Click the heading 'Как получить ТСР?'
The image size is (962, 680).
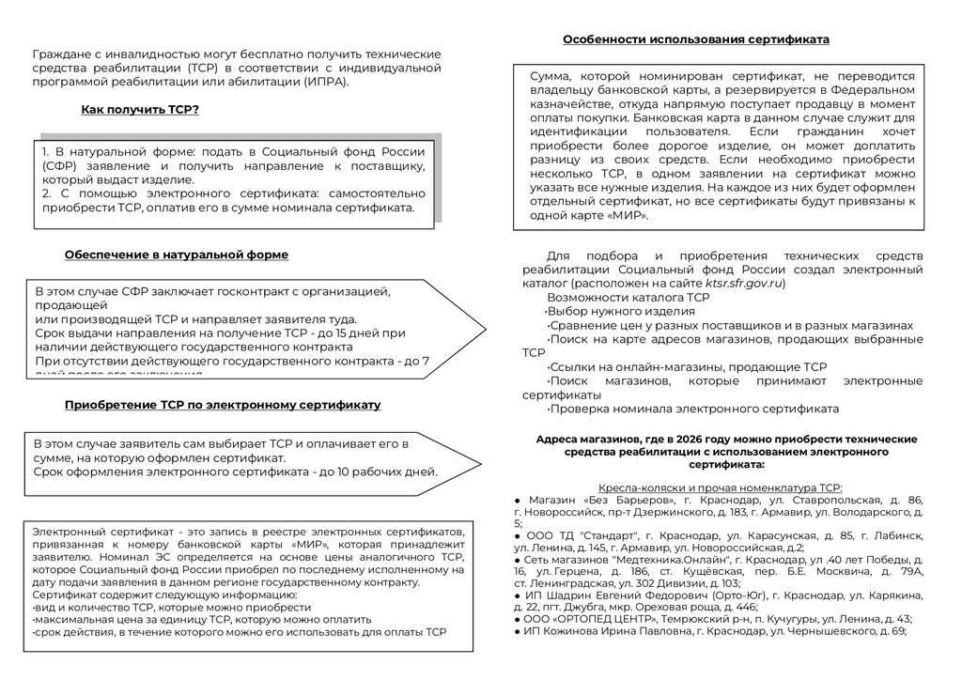pos(140,110)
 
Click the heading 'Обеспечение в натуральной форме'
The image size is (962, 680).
pos(176,255)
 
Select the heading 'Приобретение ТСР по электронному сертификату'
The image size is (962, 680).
pos(222,405)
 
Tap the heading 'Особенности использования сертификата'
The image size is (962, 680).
pos(695,39)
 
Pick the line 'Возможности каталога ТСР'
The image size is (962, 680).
pos(614,297)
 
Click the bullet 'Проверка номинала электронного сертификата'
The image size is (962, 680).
pos(693,410)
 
